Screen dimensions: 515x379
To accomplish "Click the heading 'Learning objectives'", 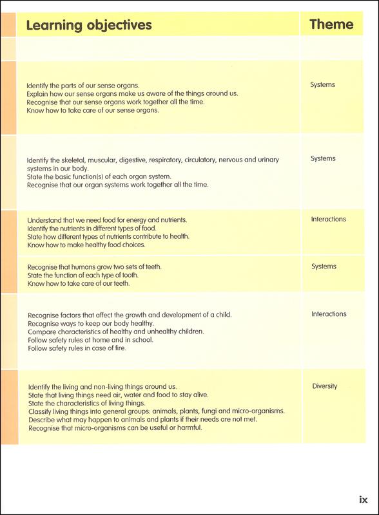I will [x=88, y=25].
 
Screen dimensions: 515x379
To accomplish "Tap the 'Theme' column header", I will [x=331, y=24].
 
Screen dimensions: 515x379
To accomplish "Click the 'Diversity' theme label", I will [x=325, y=386].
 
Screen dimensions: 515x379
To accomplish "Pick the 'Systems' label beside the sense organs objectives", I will [x=323, y=84].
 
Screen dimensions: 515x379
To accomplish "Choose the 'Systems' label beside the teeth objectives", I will [x=324, y=266].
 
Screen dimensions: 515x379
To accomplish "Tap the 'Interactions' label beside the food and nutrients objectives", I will [x=329, y=219].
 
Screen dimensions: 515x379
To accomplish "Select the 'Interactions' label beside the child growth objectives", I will [x=329, y=314].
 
